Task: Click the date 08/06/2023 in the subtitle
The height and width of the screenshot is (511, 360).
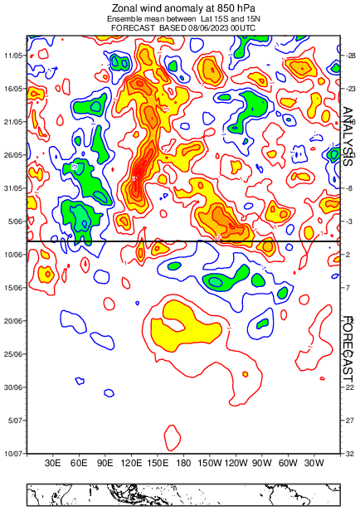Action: coord(206,27)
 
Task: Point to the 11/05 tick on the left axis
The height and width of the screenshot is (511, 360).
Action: coord(14,55)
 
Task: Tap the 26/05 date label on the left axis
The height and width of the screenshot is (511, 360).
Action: coord(14,155)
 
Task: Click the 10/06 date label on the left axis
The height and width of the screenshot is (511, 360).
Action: coord(14,255)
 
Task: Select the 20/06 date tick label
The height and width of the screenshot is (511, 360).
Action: coord(14,321)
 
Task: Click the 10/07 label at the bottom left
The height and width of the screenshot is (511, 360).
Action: coord(14,454)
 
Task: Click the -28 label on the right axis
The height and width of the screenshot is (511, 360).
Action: coord(349,55)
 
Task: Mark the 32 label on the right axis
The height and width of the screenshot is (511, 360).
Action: coord(349,454)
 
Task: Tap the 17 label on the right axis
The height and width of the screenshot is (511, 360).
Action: coord(349,354)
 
